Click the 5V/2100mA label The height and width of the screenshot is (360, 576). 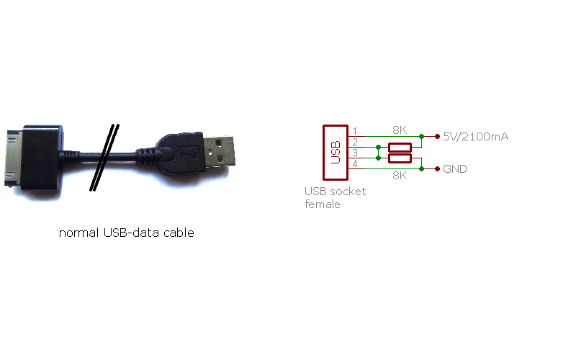[476, 137]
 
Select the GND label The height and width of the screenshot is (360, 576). [455, 169]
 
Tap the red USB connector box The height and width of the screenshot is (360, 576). [336, 153]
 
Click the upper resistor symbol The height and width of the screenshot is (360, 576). [400, 148]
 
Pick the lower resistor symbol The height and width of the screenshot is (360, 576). [400, 158]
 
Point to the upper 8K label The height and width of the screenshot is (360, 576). [400, 130]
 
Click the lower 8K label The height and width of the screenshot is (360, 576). [400, 176]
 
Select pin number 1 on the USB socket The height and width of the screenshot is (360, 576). [355, 131]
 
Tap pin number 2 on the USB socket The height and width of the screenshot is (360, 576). [355, 142]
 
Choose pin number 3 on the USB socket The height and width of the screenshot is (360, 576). [355, 153]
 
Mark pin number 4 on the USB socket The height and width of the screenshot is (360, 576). [355, 163]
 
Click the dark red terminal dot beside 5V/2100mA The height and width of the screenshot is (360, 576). [437, 137]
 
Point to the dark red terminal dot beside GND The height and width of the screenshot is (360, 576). [437, 169]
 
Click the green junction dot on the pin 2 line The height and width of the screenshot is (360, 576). [379, 148]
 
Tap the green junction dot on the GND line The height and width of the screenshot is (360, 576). [422, 169]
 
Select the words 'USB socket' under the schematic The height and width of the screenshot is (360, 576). [335, 192]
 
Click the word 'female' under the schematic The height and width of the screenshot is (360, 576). [323, 204]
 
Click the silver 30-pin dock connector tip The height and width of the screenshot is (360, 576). [14, 158]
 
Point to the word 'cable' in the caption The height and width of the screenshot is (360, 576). [179, 233]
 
